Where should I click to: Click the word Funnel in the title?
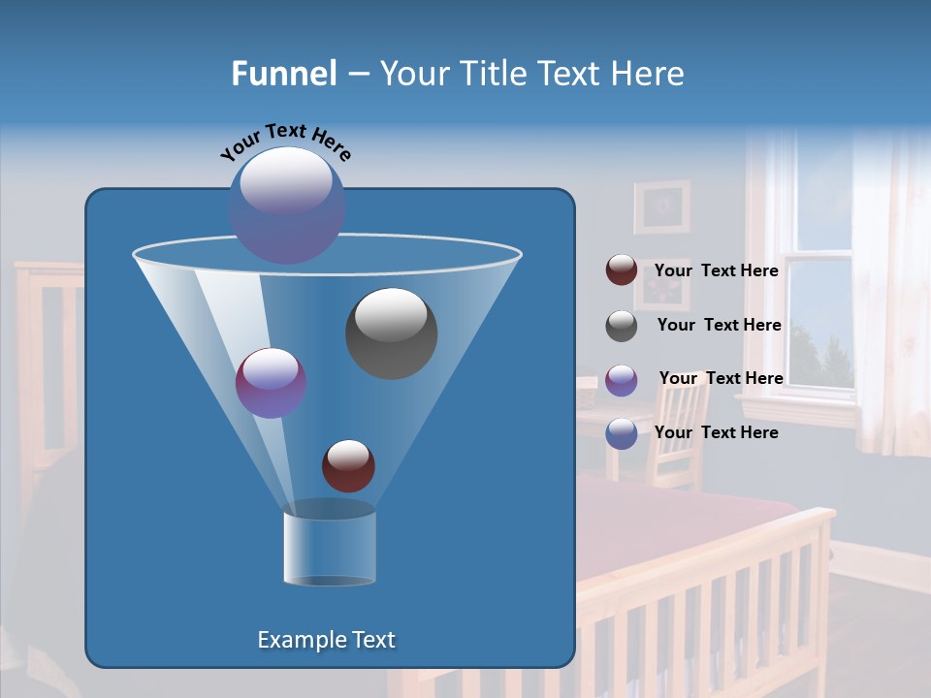coord(283,74)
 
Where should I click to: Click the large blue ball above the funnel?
coord(287,206)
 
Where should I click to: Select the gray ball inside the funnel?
coord(392,333)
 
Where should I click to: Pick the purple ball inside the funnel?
coord(272,383)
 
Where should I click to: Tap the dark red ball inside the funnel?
coord(348,465)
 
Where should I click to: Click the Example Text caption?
coord(327,640)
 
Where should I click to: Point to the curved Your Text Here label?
coord(285,141)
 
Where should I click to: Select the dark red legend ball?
coord(622,270)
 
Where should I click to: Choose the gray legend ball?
coord(622,326)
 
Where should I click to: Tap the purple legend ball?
coord(622,379)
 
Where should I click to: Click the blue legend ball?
coord(622,433)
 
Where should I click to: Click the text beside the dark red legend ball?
coord(717,270)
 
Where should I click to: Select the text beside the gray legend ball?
coord(719,325)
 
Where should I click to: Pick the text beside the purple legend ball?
coord(721,378)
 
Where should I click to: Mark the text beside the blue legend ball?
coord(717,432)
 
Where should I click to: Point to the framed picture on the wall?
coord(662,206)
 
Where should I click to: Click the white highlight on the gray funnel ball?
coord(392,314)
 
